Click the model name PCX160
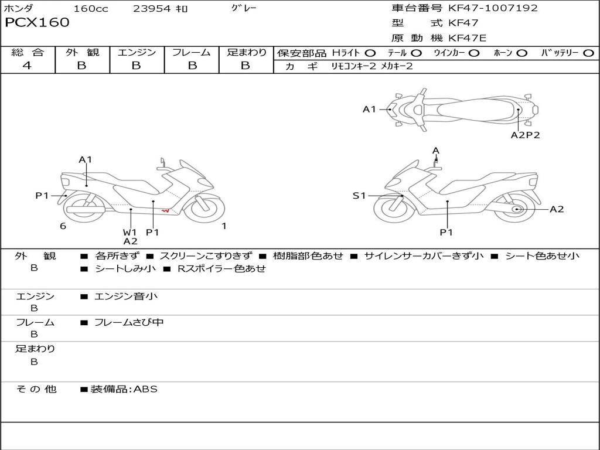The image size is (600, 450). click(x=37, y=23)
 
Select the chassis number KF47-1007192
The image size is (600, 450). click(x=493, y=8)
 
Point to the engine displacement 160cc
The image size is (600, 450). click(x=91, y=9)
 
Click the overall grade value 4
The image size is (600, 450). click(x=27, y=66)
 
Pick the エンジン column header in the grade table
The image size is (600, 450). click(x=137, y=52)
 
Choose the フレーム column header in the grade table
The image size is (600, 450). click(x=191, y=52)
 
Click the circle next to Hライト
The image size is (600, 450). click(x=370, y=53)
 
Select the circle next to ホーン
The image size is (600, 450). click(x=522, y=53)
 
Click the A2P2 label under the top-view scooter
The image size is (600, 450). click(x=525, y=135)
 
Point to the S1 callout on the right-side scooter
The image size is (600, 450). click(x=359, y=196)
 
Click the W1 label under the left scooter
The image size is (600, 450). click(x=129, y=232)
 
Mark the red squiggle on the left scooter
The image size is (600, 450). click(x=166, y=210)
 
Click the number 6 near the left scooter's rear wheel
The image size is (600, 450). click(x=63, y=226)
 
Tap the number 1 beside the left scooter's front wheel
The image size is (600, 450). click(x=224, y=226)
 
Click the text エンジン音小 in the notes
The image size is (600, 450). click(x=126, y=296)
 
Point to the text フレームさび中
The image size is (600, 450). click(x=129, y=322)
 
